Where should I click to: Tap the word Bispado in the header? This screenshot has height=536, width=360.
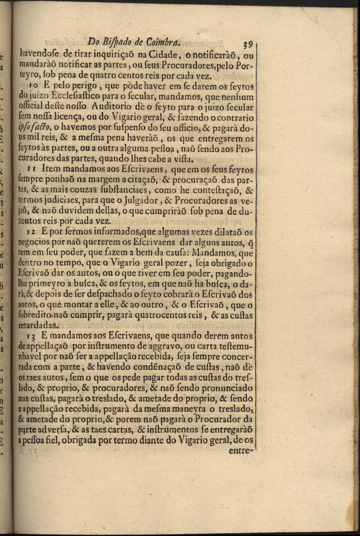click(113, 41)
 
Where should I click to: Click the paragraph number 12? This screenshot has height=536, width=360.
click(32, 232)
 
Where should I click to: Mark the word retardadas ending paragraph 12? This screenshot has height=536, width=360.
click(38, 326)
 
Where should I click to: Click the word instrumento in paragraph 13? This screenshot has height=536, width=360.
click(109, 347)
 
